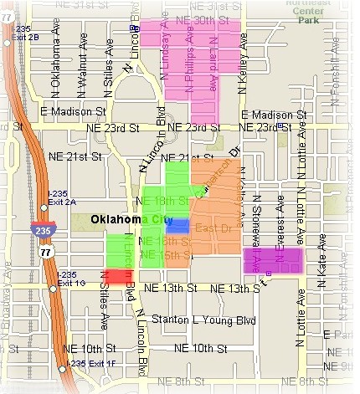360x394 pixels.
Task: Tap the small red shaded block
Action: tap(118, 275)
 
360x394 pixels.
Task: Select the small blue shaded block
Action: tap(177, 225)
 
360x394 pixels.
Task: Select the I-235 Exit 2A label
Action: tap(62, 197)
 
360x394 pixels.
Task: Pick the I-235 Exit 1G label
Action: tap(70, 279)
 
